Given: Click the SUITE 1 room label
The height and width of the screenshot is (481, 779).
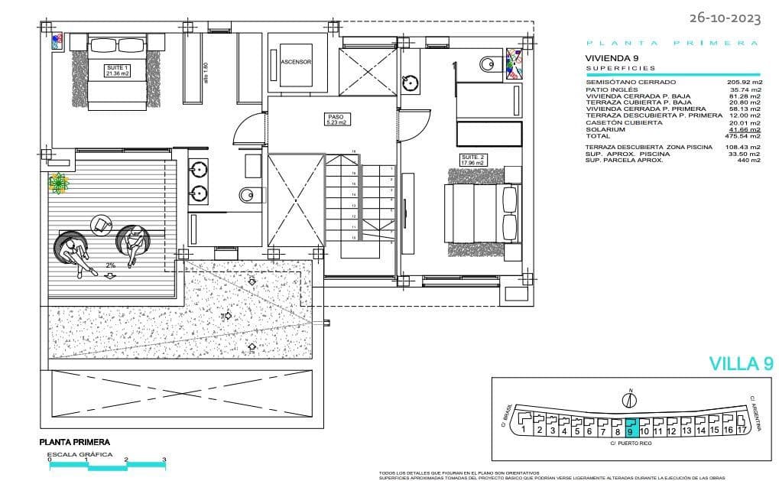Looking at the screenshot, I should coord(117,70).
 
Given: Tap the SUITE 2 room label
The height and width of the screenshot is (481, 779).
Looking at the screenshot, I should coord(472,159).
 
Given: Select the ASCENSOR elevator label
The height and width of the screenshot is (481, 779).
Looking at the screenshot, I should coord(296,62).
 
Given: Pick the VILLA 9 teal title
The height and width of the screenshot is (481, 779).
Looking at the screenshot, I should coord(740,364).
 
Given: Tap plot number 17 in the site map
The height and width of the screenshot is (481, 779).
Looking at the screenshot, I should coord(741,431).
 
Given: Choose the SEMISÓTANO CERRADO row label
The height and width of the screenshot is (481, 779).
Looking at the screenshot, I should coord(630,82).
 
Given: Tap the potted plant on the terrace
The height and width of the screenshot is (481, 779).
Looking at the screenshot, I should coord(58,183).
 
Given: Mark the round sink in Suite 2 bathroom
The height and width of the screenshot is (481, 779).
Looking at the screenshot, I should coord(411,80).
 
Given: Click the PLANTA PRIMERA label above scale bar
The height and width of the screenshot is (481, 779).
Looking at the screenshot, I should coord(74,442).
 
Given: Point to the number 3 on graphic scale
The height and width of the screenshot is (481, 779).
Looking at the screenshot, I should coord(164,460).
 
